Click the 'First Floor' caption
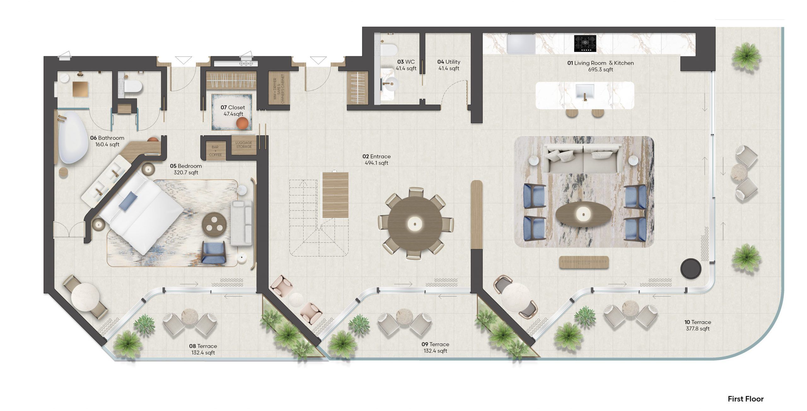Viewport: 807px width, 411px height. [746, 399]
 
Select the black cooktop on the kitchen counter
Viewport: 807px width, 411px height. [585, 44]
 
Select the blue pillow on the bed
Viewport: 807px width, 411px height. [128, 200]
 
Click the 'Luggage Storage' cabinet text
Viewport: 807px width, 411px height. [244, 144]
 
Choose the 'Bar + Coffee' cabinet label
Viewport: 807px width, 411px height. [215, 151]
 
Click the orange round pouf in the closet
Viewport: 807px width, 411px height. [243, 123]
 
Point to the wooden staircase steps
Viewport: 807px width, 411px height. [335, 195]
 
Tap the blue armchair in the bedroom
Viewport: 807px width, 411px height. [213, 252]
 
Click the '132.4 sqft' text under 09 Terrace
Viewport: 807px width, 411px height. [435, 350]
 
